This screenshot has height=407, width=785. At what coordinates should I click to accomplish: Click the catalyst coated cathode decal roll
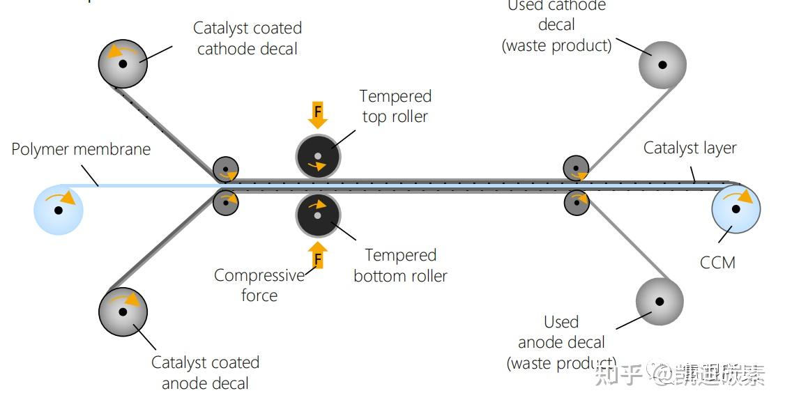pos(123,63)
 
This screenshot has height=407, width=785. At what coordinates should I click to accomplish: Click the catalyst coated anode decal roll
pos(123,311)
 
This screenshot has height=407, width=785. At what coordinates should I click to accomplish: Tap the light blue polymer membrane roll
pos(59,209)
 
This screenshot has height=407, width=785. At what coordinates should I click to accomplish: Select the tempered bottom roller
pos(318,215)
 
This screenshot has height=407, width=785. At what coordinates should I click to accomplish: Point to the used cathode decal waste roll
pos(662,65)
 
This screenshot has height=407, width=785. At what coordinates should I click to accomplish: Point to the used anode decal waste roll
pos(660,302)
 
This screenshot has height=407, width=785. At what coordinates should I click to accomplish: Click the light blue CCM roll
pos(736,208)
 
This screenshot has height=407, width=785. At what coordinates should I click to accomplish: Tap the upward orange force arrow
pos(318,255)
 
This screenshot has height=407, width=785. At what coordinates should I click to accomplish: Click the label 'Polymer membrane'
pos(81,149)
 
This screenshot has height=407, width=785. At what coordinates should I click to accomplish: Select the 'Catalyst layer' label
pos(689,148)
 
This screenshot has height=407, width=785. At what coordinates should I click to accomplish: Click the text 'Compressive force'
pos(259,285)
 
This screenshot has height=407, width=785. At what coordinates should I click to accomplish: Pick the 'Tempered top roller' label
pos(395,106)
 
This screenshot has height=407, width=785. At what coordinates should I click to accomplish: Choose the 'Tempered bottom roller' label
pos(400,266)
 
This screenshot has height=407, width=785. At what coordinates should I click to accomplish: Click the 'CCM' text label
pos(717,263)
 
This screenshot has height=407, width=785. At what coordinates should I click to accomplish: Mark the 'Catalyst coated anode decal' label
pos(205,373)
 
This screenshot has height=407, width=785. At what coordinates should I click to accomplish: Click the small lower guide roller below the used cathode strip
pos(577,203)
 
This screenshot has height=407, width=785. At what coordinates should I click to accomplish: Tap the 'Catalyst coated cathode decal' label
pos(247,38)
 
